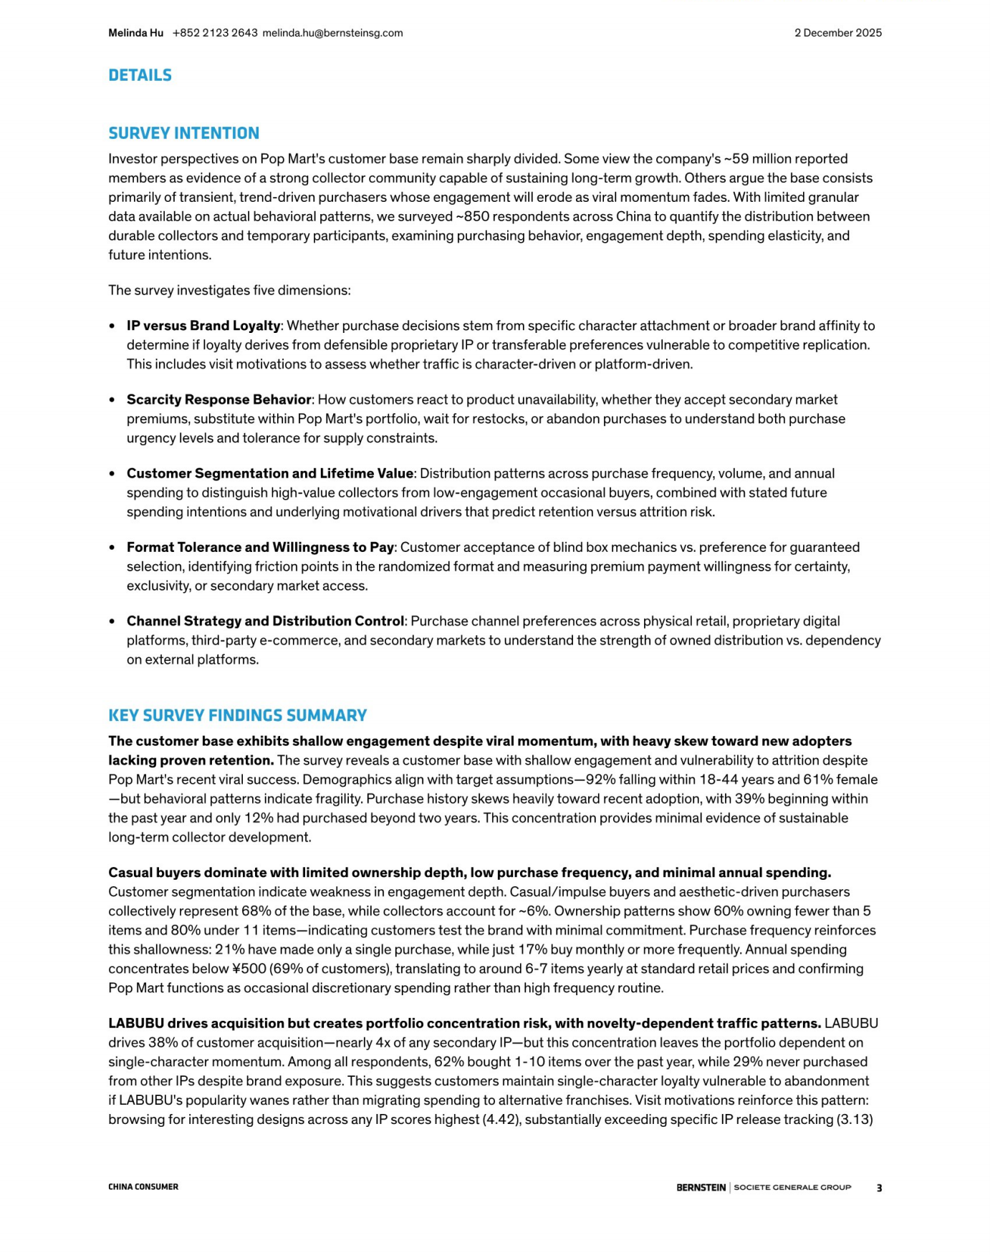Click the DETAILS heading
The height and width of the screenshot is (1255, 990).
pyautogui.click(x=140, y=75)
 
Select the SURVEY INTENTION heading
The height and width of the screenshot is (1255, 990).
pyautogui.click(x=183, y=133)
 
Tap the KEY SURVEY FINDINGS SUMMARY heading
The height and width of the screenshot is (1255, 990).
pyautogui.click(x=237, y=715)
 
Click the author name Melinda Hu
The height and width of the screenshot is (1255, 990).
pyautogui.click(x=135, y=33)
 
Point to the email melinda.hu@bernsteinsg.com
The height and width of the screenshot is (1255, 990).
pyautogui.click(x=332, y=33)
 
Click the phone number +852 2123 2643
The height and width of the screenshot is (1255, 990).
pyautogui.click(x=215, y=33)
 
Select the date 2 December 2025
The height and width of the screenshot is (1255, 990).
pyautogui.click(x=837, y=33)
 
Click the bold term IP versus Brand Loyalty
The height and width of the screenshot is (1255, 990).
pyautogui.click(x=203, y=326)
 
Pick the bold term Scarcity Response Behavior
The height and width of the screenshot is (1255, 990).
pyautogui.click(x=219, y=399)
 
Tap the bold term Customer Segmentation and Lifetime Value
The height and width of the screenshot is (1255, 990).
pyautogui.click(x=270, y=473)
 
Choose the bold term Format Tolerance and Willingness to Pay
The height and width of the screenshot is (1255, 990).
pyautogui.click(x=260, y=547)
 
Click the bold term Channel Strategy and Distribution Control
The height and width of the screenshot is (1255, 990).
pyautogui.click(x=265, y=621)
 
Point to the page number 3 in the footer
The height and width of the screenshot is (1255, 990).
pyautogui.click(x=879, y=1188)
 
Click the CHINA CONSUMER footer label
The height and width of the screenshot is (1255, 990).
pyautogui.click(x=143, y=1187)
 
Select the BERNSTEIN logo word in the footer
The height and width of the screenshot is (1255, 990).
pyautogui.click(x=701, y=1188)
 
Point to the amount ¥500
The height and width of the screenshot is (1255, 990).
pyautogui.click(x=249, y=969)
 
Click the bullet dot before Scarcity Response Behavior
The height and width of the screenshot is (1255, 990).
pyautogui.click(x=112, y=399)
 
